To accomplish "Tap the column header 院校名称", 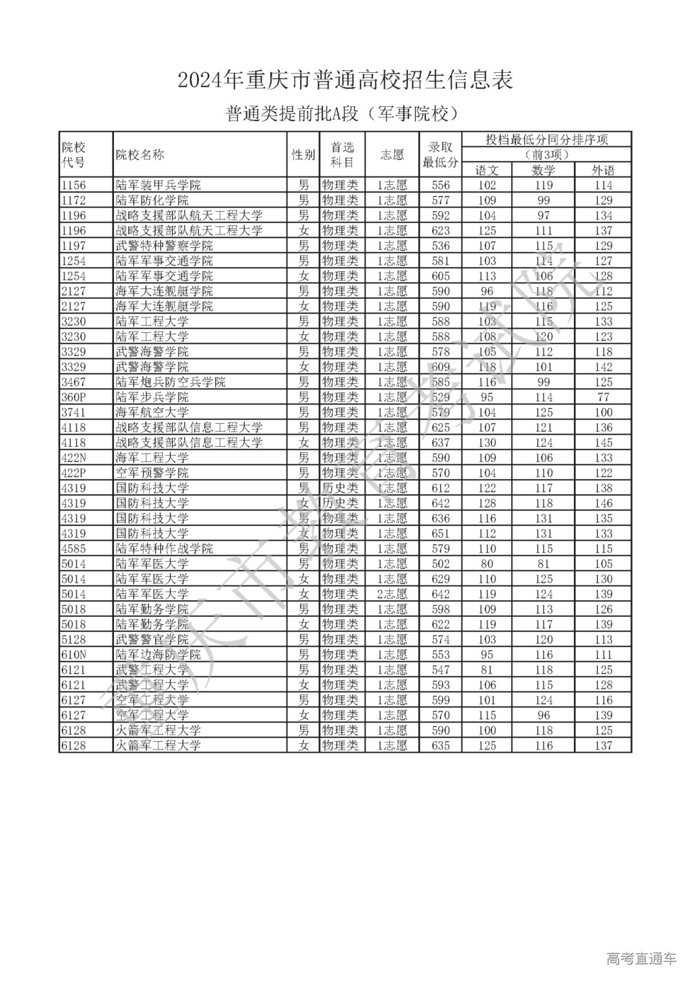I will pyautogui.click(x=140, y=155).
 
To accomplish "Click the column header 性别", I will pyautogui.click(x=303, y=155).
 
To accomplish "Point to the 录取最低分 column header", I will pyautogui.click(x=440, y=155).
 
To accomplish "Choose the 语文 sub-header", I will pyautogui.click(x=486, y=171).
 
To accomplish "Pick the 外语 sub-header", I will pyautogui.click(x=603, y=171).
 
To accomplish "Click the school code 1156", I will pyautogui.click(x=73, y=185).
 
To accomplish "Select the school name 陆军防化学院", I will pyautogui.click(x=152, y=200).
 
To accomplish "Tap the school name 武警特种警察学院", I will pyautogui.click(x=164, y=246).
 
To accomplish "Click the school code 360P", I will pyautogui.click(x=73, y=397).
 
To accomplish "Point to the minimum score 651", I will pyautogui.click(x=441, y=534).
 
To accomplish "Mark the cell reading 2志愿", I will pyautogui.click(x=392, y=594).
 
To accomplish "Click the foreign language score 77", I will pyautogui.click(x=603, y=397).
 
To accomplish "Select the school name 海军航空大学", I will pyautogui.click(x=152, y=413).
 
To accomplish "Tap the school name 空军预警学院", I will pyautogui.click(x=152, y=473).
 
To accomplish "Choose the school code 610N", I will pyautogui.click(x=73, y=655).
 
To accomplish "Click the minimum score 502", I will pyautogui.click(x=441, y=564).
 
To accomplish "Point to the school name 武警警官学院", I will pyautogui.click(x=152, y=639).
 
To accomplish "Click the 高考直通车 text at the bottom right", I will pyautogui.click(x=641, y=959).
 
